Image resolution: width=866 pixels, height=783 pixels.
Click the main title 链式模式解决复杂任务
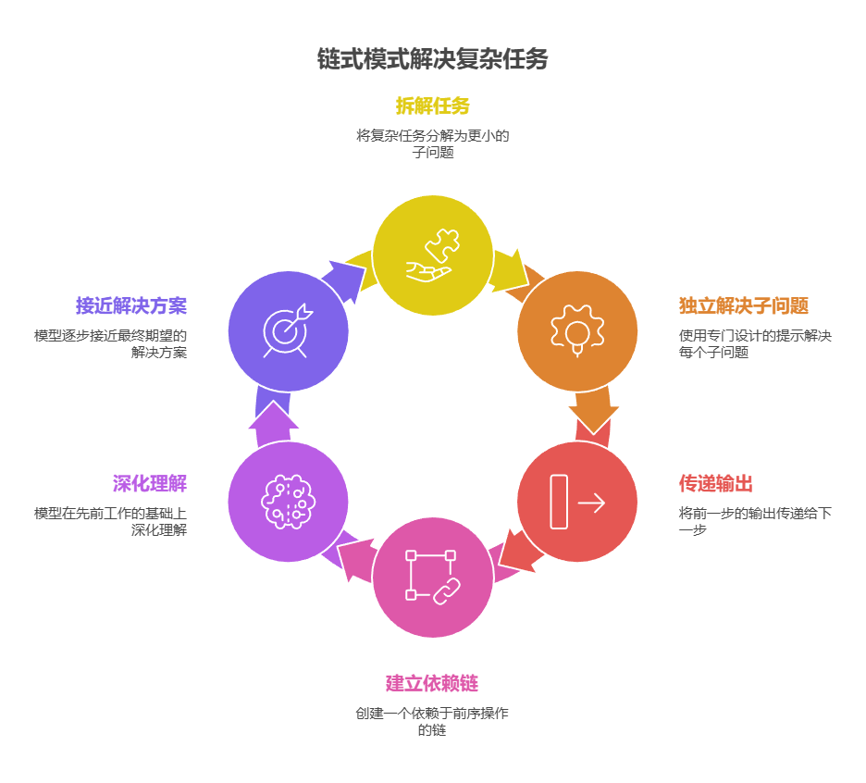coord(432,59)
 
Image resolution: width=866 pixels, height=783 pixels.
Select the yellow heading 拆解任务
coord(432,106)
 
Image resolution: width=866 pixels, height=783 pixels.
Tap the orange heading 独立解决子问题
coord(743,305)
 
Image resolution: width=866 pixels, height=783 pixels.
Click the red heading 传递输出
coord(715,483)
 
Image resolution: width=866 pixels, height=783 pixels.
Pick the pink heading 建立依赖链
coord(432,684)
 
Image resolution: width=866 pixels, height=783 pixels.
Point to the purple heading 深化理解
coord(150,483)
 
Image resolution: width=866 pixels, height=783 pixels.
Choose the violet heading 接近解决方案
coord(131,305)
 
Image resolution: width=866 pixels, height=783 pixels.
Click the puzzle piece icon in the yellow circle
coord(432,255)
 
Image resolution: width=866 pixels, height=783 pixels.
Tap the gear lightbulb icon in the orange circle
coord(577,330)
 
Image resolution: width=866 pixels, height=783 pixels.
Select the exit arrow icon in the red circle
coord(577,502)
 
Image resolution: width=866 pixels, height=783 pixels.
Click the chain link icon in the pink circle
coord(432,577)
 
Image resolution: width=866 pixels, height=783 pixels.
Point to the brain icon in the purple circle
coord(288,502)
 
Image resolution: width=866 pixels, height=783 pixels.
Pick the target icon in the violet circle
coord(288,330)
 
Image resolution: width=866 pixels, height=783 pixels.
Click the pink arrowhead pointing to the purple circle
coord(351,558)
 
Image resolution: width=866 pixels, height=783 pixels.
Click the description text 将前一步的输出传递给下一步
coord(754,521)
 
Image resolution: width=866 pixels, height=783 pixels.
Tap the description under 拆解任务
coord(432,143)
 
